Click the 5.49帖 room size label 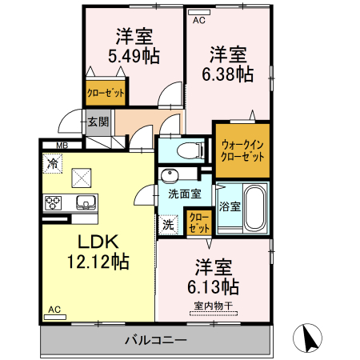(x=133, y=56)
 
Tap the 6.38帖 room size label (x=228, y=74)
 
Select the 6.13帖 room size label (x=212, y=286)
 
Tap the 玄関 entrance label (x=98, y=122)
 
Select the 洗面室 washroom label (x=183, y=193)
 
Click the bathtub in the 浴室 (x=255, y=206)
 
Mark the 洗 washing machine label (x=168, y=224)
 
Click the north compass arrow (x=310, y=338)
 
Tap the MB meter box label (x=62, y=146)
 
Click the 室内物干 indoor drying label (x=211, y=305)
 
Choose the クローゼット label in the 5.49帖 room (x=106, y=93)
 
